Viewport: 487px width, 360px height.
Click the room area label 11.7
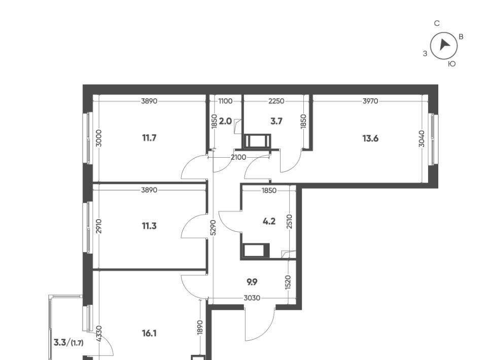coord(149,138)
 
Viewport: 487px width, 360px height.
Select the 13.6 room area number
coord(370,138)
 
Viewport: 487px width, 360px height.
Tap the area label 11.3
coord(149,226)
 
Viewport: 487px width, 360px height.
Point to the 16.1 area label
coord(149,334)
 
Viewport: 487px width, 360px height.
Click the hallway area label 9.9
coord(252,282)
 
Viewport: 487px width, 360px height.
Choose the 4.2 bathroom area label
coord(269,221)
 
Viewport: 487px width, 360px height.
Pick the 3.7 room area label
coord(276,121)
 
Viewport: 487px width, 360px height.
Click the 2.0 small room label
coord(225,121)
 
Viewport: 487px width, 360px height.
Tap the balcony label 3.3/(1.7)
coord(68,343)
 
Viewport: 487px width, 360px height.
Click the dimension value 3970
coord(370,101)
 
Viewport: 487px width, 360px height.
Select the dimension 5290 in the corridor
coord(213,228)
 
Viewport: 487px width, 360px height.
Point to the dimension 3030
coord(252,298)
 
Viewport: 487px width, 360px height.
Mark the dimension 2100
coord(238,157)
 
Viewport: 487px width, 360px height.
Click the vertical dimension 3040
coord(422,139)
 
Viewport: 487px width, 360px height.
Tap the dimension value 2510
coord(290,221)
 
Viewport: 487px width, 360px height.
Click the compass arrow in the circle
coord(444,45)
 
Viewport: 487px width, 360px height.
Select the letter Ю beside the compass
coord(452,64)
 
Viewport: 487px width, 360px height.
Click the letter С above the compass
coord(437,24)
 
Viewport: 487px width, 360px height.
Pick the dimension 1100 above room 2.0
coord(225,101)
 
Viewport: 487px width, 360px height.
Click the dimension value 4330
coord(99,334)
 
